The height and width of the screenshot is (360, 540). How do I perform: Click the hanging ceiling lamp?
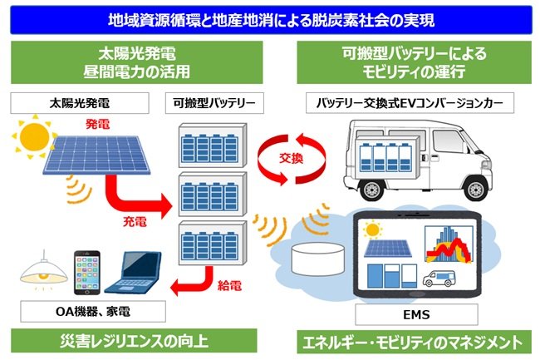(35, 267)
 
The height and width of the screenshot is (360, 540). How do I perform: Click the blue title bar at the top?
(270, 17)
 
